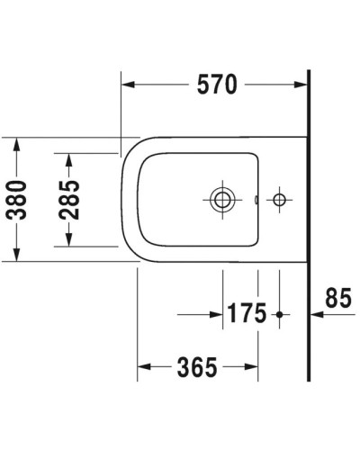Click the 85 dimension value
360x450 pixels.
338,297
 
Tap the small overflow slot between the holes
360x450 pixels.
256,198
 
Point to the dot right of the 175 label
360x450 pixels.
280,314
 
